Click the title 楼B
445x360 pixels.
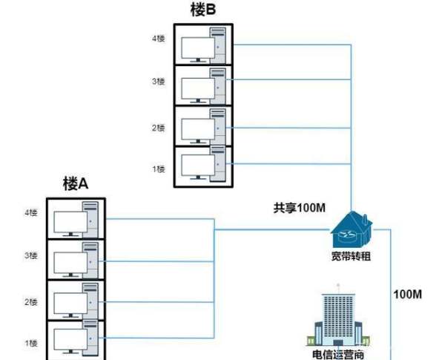203,10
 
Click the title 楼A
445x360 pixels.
76,183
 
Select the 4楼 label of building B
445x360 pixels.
158,39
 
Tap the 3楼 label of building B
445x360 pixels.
158,81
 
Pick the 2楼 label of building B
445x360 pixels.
158,128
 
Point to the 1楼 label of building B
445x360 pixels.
158,168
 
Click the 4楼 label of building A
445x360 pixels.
31,213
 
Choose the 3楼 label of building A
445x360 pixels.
31,255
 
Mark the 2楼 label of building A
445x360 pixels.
31,301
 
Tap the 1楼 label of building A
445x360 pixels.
31,342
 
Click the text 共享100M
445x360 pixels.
300,207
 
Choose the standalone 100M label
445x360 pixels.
407,295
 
